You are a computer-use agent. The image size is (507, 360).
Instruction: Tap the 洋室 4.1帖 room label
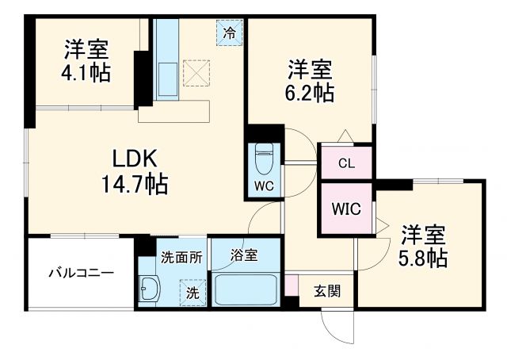(86, 60)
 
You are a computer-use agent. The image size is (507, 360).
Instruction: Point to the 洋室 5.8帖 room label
(423, 246)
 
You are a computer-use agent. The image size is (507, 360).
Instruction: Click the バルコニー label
(80, 273)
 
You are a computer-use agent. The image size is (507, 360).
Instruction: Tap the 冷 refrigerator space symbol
(228, 34)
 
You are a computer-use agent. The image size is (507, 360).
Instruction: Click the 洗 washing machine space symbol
(191, 291)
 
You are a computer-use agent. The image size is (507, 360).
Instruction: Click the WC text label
(263, 187)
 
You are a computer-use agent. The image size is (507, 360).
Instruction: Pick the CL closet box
(345, 164)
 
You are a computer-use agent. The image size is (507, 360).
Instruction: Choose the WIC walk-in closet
(345, 209)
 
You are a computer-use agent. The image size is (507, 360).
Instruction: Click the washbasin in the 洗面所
(149, 289)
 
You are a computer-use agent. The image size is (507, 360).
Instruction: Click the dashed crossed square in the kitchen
(196, 71)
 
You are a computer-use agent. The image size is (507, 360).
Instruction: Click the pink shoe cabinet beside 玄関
(292, 285)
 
